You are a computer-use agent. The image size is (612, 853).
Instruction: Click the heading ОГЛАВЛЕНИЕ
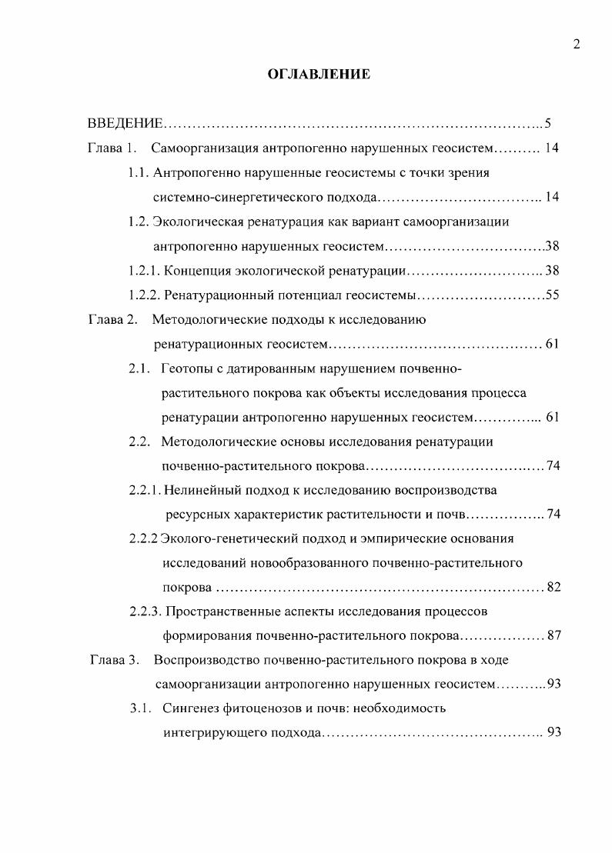(318, 75)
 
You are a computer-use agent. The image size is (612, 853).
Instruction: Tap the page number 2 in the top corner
(576, 44)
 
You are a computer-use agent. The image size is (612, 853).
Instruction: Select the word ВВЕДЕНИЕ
(125, 123)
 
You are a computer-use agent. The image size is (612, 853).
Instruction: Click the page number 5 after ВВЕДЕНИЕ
(548, 123)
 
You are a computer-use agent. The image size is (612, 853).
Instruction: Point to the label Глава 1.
(111, 148)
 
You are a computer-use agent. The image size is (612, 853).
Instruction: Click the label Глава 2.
(111, 319)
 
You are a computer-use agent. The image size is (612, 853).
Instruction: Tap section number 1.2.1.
(145, 271)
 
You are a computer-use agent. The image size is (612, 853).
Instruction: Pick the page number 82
(553, 588)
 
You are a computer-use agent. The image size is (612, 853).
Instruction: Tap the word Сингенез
(192, 708)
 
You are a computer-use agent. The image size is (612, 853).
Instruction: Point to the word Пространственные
(222, 611)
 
